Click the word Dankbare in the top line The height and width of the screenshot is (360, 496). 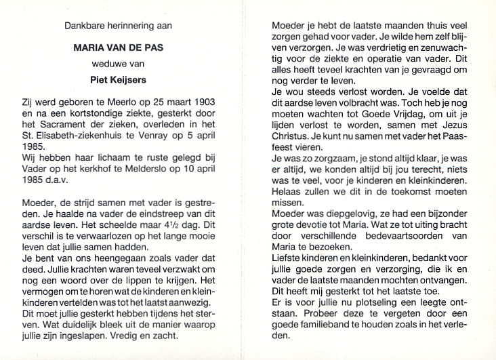click(x=82, y=26)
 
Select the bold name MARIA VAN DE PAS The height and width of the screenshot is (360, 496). click(x=119, y=49)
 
